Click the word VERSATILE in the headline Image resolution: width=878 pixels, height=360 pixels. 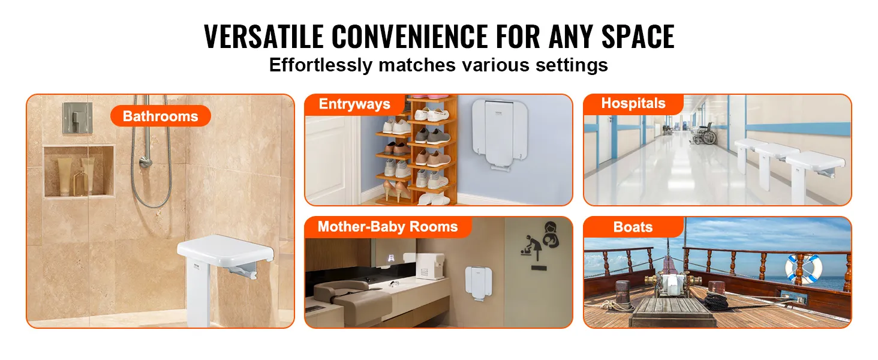pos(264,37)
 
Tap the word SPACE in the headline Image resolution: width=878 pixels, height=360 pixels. pos(638,37)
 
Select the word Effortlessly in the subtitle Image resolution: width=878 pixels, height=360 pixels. pos(321,65)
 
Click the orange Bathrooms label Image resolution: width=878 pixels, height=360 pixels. pos(160,116)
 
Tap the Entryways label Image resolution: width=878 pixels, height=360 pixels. pos(354,104)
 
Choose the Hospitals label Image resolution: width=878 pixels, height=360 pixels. pos(633,104)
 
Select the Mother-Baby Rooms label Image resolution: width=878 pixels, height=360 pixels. pos(387,227)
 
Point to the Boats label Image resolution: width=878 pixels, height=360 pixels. pos(633,227)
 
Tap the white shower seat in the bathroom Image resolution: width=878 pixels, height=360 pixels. pos(224,275)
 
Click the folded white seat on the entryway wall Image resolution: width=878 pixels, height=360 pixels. pos(499,133)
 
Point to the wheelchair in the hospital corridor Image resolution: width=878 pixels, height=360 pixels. pos(704,134)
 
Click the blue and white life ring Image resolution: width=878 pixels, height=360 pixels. pos(803,269)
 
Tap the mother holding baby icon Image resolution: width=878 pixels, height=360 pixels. pos(551,235)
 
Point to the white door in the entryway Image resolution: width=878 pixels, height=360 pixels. pos(330,160)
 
